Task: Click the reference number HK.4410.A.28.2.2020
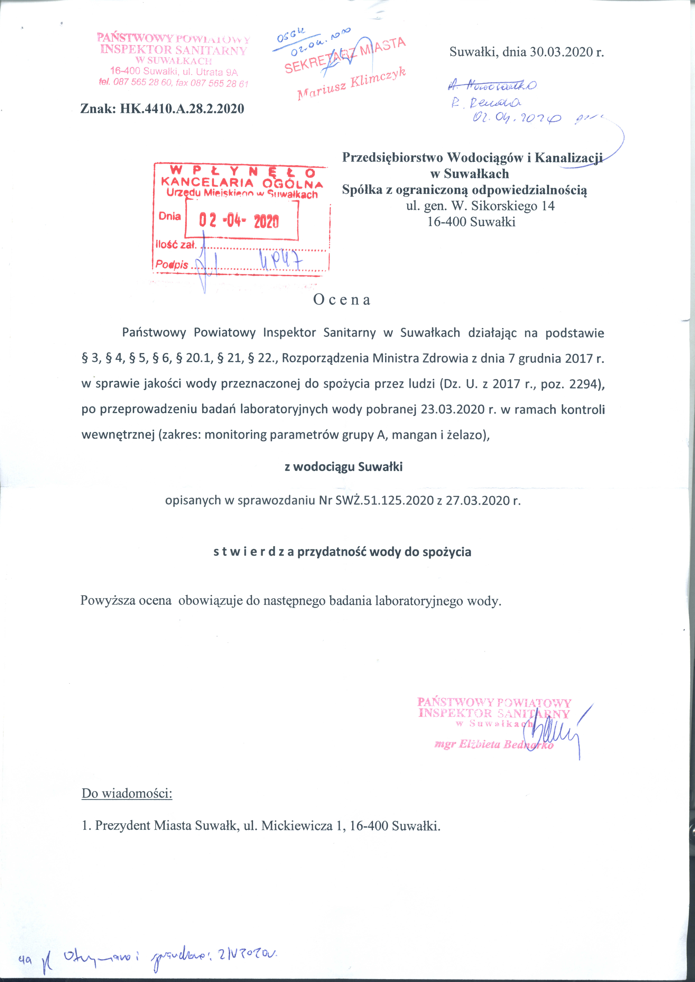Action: [x=182, y=109]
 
